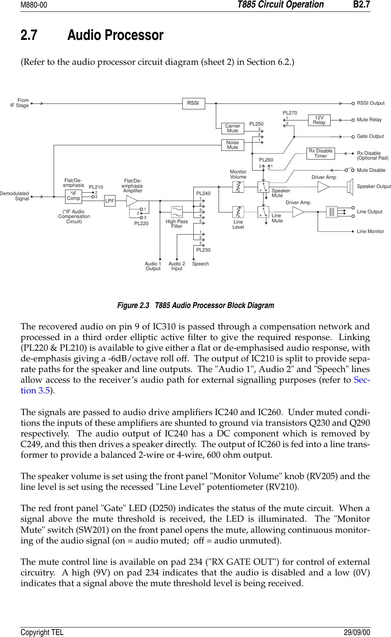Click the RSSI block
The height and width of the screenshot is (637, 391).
click(x=193, y=103)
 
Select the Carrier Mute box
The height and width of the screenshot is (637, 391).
click(x=232, y=128)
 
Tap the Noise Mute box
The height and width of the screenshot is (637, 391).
click(x=232, y=145)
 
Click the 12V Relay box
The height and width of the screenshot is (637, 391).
click(x=319, y=120)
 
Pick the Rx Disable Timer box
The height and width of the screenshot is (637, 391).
click(x=320, y=154)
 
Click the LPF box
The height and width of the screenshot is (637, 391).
click(x=110, y=201)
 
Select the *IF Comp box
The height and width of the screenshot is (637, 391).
click(x=73, y=196)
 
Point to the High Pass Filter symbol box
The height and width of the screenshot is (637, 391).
click(x=177, y=212)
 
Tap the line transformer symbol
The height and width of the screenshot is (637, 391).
click(x=332, y=212)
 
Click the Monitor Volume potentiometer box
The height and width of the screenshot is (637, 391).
click(x=238, y=187)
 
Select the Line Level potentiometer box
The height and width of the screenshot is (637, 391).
click(x=238, y=212)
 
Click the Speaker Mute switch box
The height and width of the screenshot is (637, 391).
click(x=263, y=187)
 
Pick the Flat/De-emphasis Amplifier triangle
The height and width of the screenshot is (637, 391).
click(x=131, y=201)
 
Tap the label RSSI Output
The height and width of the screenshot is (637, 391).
click(x=370, y=103)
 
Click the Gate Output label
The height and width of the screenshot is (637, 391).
click(x=370, y=136)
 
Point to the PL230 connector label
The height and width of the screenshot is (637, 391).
click(x=203, y=250)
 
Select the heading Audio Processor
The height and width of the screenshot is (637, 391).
click(x=115, y=36)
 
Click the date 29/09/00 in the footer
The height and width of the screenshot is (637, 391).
click(x=357, y=632)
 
